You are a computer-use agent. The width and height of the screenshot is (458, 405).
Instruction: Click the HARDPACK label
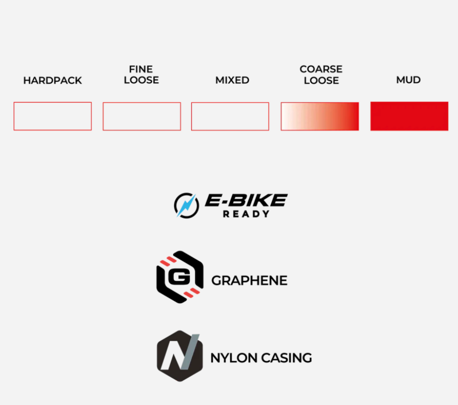click(x=52, y=80)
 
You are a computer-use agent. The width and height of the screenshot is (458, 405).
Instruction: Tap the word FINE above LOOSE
click(x=141, y=69)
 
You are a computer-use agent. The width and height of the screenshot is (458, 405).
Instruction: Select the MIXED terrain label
click(x=232, y=80)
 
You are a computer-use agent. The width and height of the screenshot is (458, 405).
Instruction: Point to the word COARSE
click(x=321, y=69)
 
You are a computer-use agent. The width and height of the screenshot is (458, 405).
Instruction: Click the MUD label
click(x=408, y=80)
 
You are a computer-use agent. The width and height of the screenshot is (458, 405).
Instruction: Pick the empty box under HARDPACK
click(x=14, y=116)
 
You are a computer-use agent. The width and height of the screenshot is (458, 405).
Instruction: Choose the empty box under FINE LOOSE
click(x=103, y=116)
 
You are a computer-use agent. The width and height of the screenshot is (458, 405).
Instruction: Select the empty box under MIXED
click(x=192, y=116)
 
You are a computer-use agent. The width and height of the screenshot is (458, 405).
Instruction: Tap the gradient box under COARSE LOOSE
click(x=320, y=116)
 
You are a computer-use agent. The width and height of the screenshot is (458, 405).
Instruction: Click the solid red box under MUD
click(x=409, y=116)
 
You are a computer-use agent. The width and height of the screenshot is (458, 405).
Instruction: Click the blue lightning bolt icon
click(x=186, y=205)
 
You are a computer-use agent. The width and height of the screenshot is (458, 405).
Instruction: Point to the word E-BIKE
click(x=246, y=200)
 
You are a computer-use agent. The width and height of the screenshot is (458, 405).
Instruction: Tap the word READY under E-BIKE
click(x=246, y=214)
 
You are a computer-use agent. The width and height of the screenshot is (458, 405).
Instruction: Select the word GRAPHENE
click(x=249, y=281)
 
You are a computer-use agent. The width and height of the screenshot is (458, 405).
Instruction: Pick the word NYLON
click(x=234, y=358)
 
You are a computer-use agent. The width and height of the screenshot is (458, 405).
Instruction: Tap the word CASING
click(x=286, y=358)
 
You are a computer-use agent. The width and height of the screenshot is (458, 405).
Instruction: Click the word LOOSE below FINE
click(x=141, y=80)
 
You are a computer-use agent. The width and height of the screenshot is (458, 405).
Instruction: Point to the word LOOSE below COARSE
click(x=321, y=81)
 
